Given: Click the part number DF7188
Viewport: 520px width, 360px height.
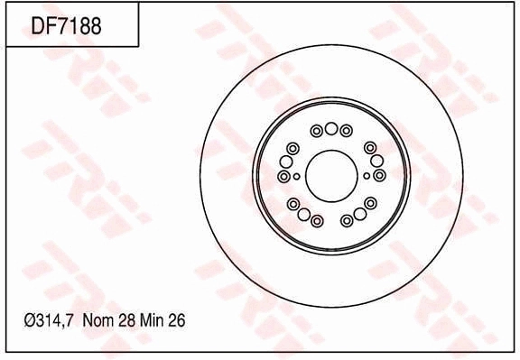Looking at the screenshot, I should [67, 25].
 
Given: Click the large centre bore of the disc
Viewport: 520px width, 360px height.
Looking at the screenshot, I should [331, 175].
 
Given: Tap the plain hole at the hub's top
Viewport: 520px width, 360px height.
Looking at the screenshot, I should [331, 128].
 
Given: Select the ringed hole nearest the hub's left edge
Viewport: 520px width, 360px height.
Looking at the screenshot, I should [284, 176].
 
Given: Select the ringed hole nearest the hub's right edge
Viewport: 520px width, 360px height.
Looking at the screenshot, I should [379, 175].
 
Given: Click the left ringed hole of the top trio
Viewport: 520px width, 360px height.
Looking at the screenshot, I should [317, 131].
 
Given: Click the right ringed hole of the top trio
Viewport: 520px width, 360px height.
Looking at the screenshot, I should [347, 131].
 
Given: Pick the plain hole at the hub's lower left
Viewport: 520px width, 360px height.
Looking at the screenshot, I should [303, 215].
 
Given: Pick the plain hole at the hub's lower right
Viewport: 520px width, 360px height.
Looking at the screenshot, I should [359, 215].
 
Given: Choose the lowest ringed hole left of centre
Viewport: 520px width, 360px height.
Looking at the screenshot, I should [317, 220].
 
